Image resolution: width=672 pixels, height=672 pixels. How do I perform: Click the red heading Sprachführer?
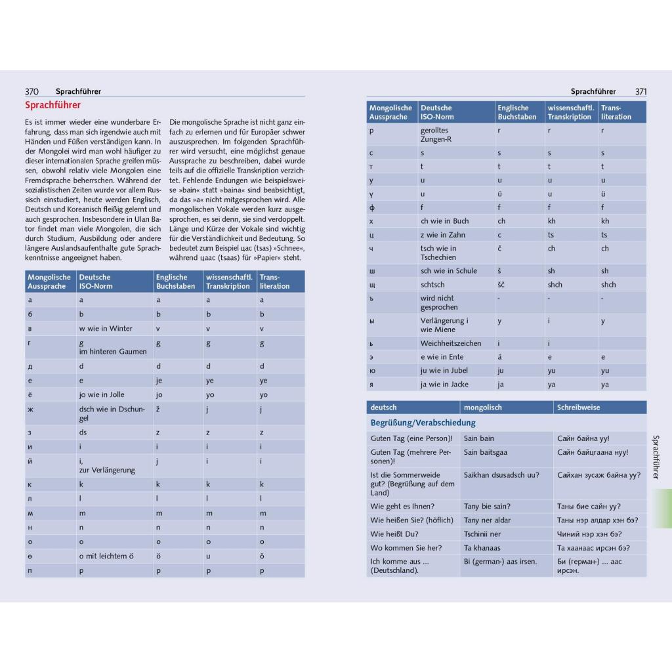[53, 105]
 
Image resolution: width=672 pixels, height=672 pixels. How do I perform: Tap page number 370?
[32, 92]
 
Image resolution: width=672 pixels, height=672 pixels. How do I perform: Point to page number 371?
[640, 92]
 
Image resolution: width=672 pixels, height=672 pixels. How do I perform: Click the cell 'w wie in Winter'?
[106, 329]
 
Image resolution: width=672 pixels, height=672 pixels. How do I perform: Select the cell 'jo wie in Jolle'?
[102, 395]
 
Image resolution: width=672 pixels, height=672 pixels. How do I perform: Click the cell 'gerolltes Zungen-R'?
[436, 135]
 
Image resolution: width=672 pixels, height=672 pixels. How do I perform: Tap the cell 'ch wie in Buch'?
[444, 221]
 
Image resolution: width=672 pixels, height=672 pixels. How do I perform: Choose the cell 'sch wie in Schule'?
[449, 271]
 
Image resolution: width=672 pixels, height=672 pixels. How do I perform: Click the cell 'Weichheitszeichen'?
[451, 343]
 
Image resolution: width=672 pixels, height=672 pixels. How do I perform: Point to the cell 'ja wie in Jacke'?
[444, 385]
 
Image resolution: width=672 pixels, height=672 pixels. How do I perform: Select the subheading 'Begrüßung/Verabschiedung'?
[423, 423]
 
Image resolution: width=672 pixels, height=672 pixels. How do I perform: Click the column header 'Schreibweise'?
[578, 408]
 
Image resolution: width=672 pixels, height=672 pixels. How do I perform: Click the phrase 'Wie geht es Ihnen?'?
[402, 507]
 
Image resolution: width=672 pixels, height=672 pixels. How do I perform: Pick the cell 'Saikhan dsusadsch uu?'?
[501, 475]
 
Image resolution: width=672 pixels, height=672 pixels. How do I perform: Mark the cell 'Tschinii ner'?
[482, 534]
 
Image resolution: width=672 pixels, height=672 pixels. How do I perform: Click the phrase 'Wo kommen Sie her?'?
[406, 548]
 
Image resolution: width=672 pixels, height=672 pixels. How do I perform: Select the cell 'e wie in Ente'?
[442, 357]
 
